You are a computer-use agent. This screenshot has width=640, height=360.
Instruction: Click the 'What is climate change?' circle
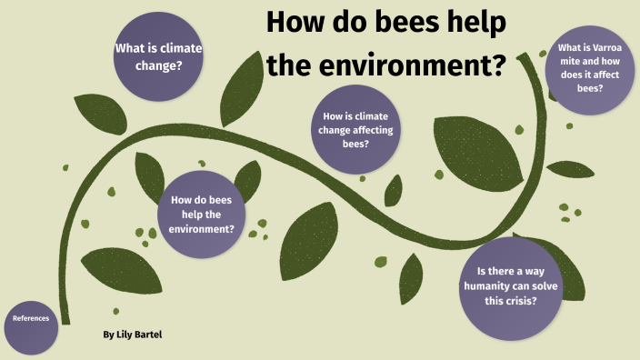158,56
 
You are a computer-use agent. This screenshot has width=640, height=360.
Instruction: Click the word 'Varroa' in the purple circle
612,48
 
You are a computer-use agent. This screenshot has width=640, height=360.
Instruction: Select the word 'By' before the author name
108,335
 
